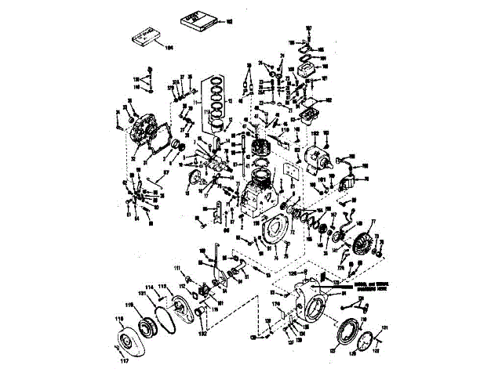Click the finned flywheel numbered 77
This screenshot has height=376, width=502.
pyautogui.click(x=362, y=236)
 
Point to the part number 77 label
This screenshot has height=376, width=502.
pyautogui.click(x=373, y=222)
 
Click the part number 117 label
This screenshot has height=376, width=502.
pyautogui.click(x=122, y=361)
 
